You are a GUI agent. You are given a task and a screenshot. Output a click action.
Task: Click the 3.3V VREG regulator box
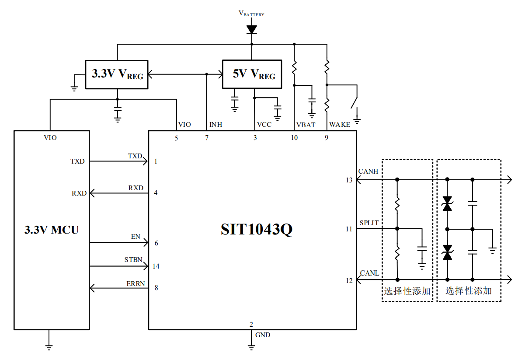[117, 74]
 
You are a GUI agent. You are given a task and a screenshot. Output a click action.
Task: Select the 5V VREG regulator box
[251, 74]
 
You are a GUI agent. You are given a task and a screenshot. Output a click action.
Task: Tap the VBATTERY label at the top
[251, 14]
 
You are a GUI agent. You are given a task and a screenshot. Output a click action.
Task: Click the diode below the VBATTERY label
[251, 30]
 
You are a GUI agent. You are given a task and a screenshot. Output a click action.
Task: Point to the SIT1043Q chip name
[256, 230]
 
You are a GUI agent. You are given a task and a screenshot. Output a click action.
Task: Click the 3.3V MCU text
[52, 230]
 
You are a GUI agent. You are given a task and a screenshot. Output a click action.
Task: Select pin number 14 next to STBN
[156, 266]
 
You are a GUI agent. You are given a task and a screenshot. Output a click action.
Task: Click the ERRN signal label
[136, 283]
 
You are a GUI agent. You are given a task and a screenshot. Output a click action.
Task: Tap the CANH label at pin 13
[368, 171]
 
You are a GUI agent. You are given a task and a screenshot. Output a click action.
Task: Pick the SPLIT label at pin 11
[369, 223]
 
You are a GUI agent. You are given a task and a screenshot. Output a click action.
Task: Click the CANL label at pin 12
[369, 273]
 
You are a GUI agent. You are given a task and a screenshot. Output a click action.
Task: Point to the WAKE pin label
[340, 125]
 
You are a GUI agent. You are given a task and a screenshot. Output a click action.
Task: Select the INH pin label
[216, 125]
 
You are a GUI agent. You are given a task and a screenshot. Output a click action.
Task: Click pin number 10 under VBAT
[294, 138]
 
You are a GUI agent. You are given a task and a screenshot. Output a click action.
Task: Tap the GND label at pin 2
[263, 335]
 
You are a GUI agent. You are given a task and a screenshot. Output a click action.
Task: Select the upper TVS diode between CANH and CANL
[447, 203]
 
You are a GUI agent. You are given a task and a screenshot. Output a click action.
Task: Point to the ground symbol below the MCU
[49, 347]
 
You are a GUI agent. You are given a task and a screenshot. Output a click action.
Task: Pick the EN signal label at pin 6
[136, 237]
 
